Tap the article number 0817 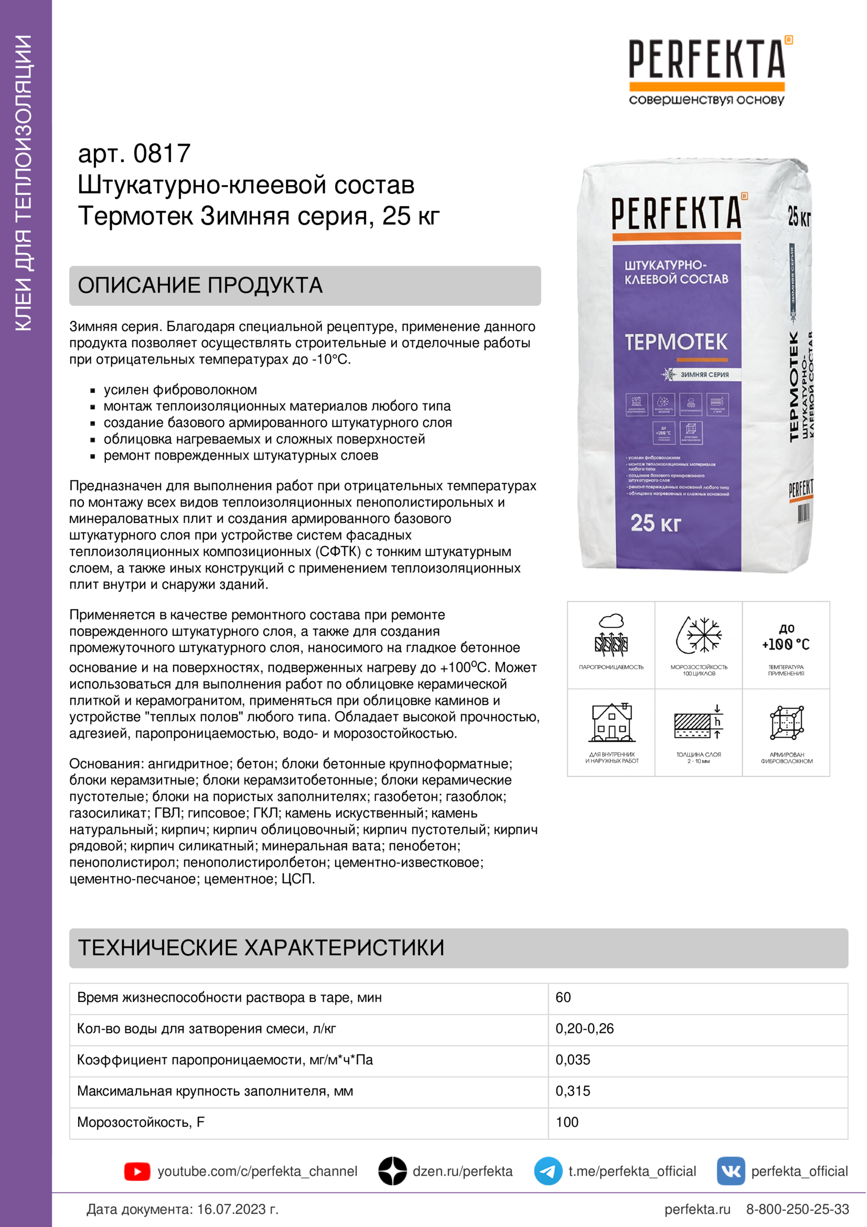(x=162, y=154)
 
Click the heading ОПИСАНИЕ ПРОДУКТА (x=200, y=285)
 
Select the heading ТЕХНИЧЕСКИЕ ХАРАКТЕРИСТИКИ (x=261, y=947)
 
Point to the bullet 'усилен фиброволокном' (x=180, y=390)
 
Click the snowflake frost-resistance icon (x=699, y=635)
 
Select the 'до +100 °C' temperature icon (x=786, y=637)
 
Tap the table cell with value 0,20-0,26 (x=584, y=1029)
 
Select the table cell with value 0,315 (x=573, y=1091)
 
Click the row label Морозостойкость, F (x=141, y=1122)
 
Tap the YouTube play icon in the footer (x=137, y=1171)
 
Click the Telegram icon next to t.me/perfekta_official (x=548, y=1171)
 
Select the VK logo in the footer (x=730, y=1171)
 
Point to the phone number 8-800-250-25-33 (x=797, y=1209)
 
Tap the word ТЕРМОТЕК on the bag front (x=676, y=342)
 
